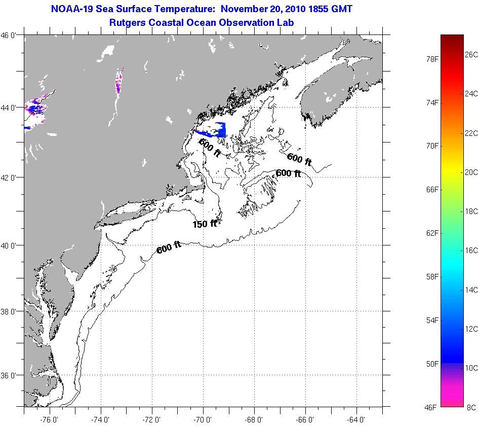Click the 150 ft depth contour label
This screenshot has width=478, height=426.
pyautogui.click(x=205, y=224)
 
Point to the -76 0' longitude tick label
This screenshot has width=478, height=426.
pyautogui.click(x=49, y=419)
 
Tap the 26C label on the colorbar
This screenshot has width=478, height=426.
pyautogui.click(x=471, y=54)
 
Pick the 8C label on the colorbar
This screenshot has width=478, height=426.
pyautogui.click(x=471, y=407)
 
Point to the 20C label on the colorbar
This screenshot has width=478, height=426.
pyautogui.click(x=471, y=172)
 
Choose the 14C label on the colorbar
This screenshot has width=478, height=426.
pyautogui.click(x=471, y=290)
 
